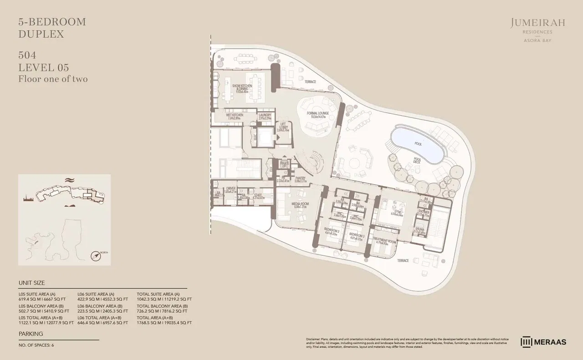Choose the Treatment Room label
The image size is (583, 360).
[384, 241]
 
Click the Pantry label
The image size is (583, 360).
[300, 179]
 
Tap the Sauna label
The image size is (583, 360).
[419, 230]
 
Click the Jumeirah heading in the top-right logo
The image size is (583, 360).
[537, 23]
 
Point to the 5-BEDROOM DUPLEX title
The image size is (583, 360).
[52, 28]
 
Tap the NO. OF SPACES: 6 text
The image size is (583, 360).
[36, 345]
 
